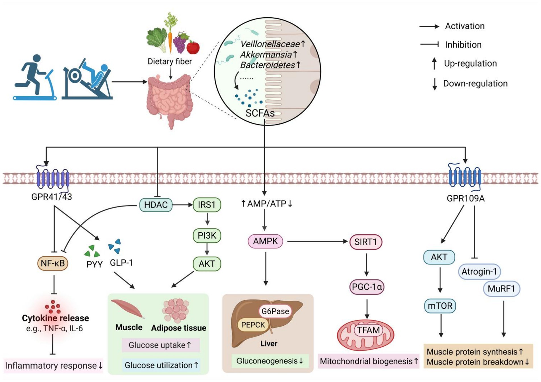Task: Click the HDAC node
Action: point(156,205)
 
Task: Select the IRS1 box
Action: point(207,205)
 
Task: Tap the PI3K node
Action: point(207,236)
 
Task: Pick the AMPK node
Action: point(265,241)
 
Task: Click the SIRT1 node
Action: point(365,242)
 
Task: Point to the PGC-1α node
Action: point(367,286)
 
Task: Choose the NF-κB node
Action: point(53,263)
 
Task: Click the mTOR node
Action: point(440,306)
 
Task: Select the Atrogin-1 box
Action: point(479,271)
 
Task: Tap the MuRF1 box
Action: point(501,289)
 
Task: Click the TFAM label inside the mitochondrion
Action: point(368,330)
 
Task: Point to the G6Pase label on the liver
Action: point(275,311)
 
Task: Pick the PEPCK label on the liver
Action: point(253,325)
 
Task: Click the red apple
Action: point(193,47)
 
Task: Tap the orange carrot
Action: point(170,40)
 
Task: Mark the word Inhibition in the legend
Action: point(463,45)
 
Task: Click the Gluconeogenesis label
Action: point(270,361)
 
